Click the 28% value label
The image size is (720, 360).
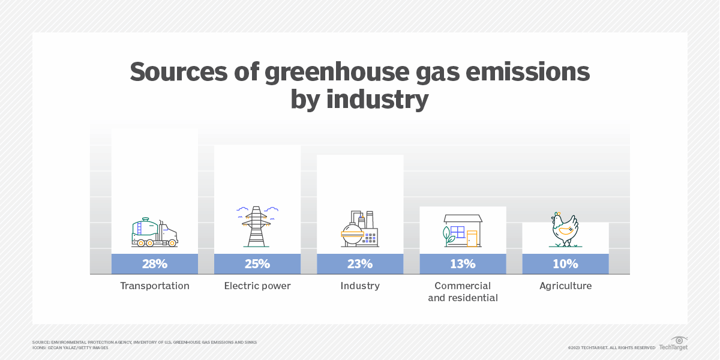[154, 264]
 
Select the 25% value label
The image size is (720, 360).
[257, 264]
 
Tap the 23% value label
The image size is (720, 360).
[360, 264]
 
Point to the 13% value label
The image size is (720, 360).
[463, 264]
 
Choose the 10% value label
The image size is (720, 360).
[565, 264]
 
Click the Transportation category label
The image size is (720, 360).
[154, 286]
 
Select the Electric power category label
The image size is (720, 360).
[257, 286]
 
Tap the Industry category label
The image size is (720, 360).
[360, 286]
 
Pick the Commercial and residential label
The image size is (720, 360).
[463, 292]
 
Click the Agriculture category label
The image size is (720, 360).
[565, 286]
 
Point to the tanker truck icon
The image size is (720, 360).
[154, 233]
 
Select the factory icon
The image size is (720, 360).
[360, 229]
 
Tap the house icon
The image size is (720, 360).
[463, 230]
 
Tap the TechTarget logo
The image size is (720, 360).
[673, 344]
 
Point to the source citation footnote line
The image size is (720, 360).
[144, 342]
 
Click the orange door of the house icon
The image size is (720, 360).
[472, 238]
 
